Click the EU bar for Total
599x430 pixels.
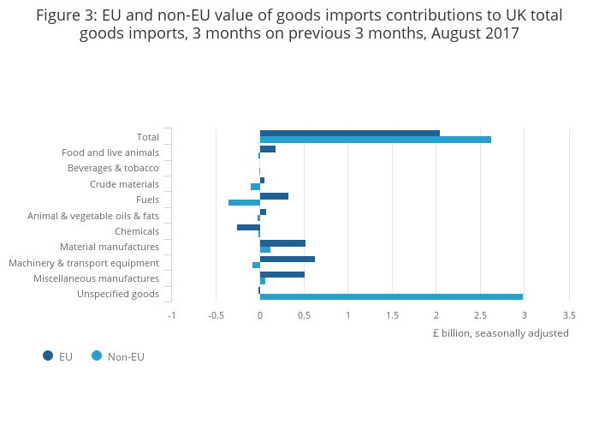[x=349, y=133]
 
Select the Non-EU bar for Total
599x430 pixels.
[x=375, y=140]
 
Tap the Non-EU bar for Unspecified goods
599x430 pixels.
[x=390, y=296]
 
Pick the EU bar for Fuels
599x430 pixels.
[x=274, y=196]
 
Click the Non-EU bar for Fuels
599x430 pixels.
[x=244, y=202]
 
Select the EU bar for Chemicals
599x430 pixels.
[x=248, y=227]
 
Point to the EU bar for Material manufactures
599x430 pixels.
[x=282, y=243]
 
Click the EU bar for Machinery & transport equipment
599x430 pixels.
[x=287, y=259]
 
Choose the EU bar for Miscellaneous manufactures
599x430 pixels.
[x=282, y=274]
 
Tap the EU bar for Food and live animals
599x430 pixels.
[x=267, y=149]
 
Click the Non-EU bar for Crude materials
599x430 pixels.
[x=255, y=187]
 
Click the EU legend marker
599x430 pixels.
[x=48, y=355]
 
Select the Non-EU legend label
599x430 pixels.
[x=126, y=356]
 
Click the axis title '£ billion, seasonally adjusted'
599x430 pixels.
[x=501, y=333]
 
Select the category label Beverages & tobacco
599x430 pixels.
[x=113, y=168]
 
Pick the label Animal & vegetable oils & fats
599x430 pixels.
[x=93, y=216]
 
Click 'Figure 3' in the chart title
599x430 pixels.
[x=65, y=15]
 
